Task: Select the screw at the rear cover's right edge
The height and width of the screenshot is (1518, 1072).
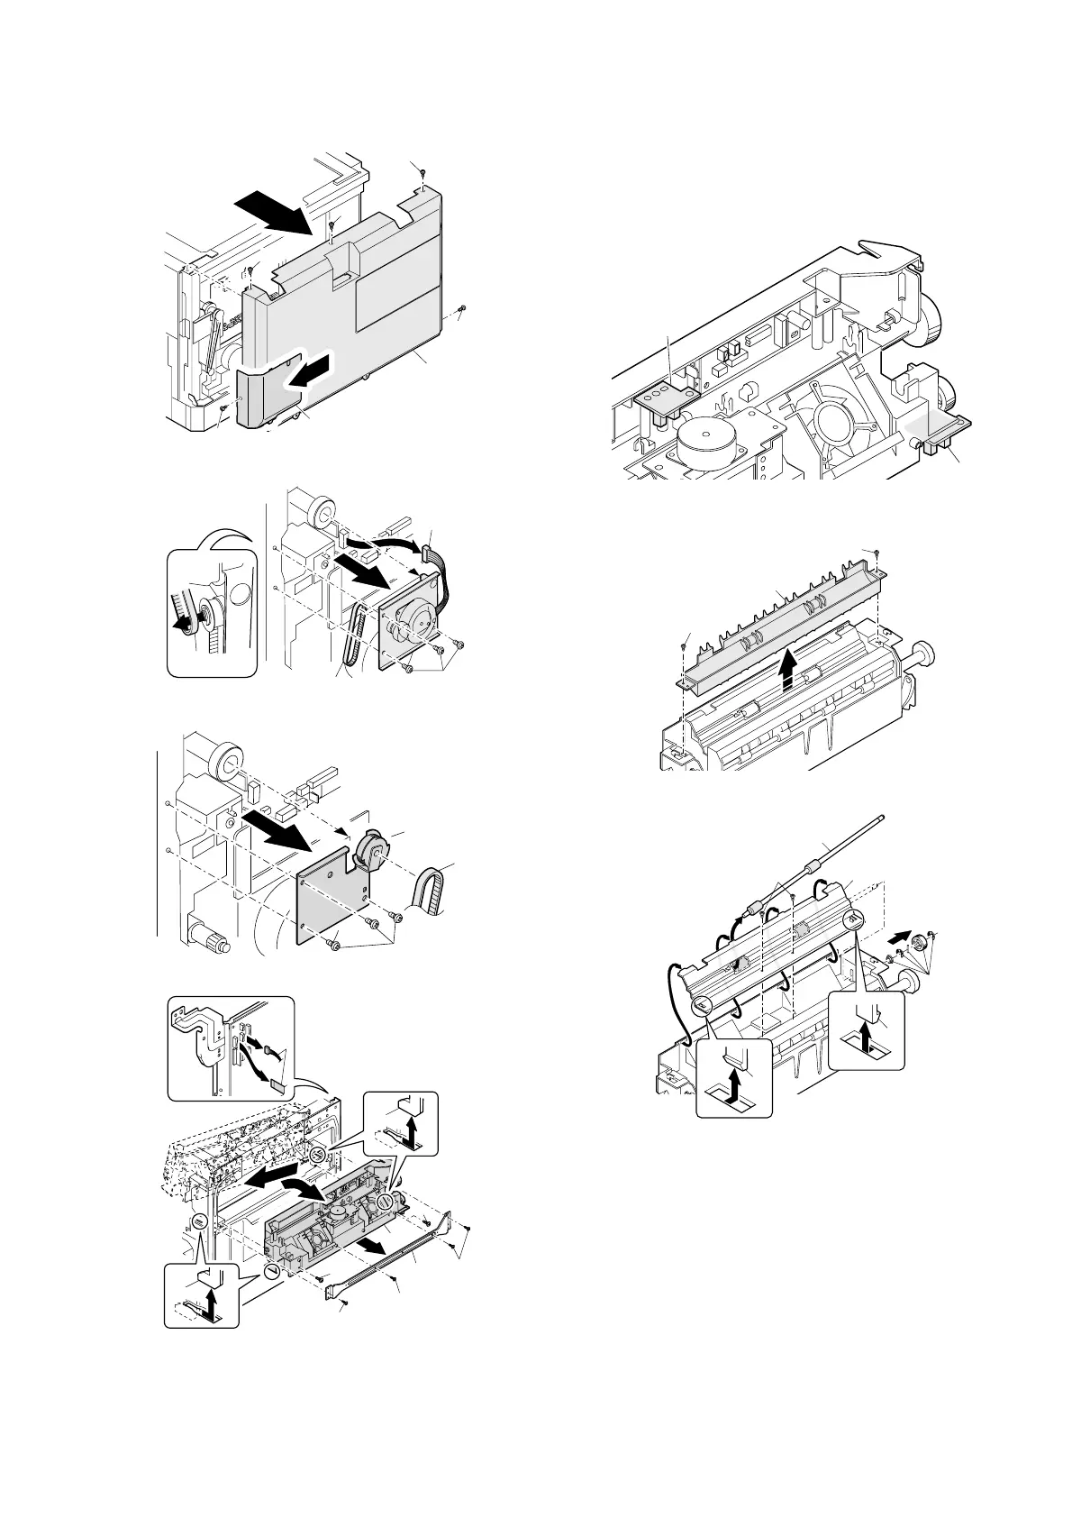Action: pyautogui.click(x=460, y=308)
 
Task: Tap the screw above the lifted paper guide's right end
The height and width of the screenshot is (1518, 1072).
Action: pyautogui.click(x=877, y=552)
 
